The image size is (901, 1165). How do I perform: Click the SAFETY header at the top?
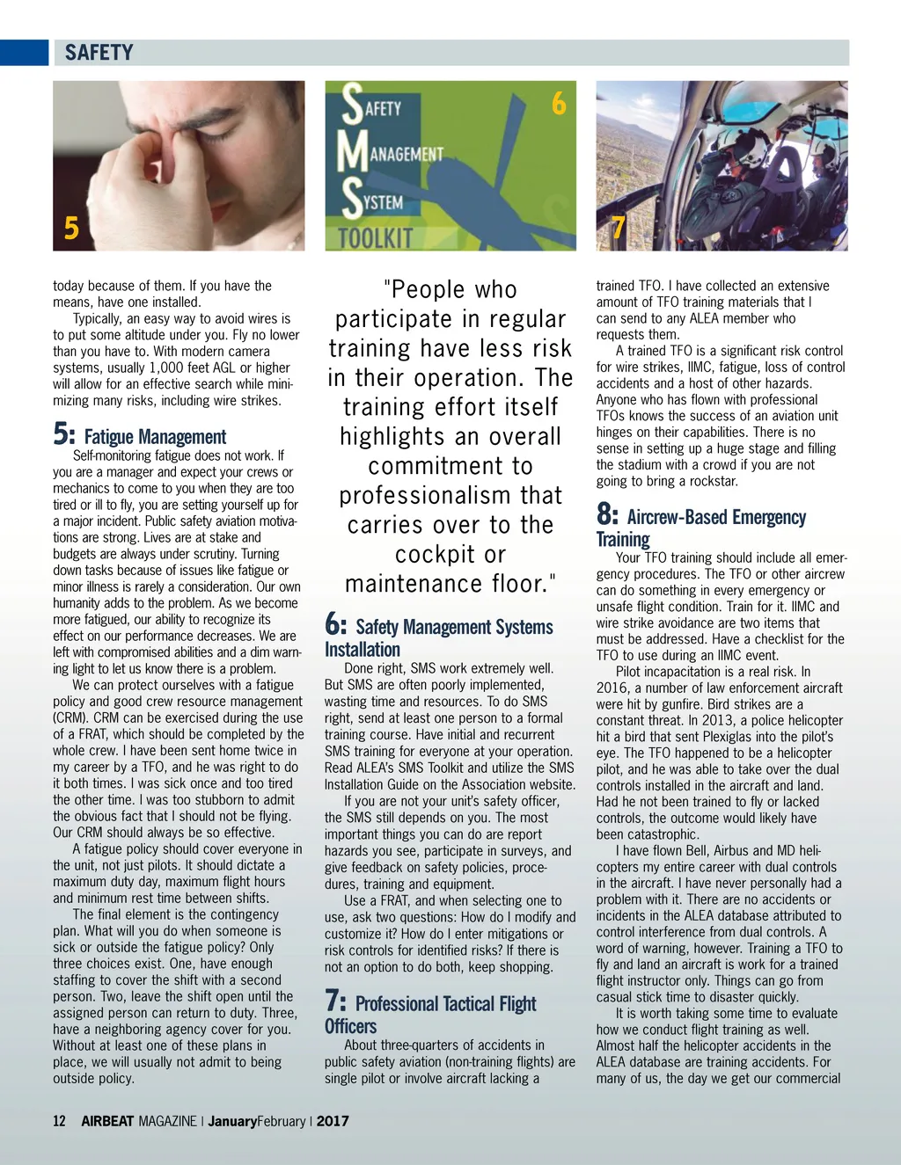99,53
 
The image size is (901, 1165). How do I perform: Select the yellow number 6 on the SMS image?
559,105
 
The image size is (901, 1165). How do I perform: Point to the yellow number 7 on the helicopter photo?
619,228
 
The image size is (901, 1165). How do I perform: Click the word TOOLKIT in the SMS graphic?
376,237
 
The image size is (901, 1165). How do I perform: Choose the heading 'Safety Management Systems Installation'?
438,637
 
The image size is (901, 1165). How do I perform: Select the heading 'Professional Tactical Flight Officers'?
429,1015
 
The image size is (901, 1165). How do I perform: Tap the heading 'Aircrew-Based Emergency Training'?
700,528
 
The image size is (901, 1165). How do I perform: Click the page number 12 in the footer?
59,1121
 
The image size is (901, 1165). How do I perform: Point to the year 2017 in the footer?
333,1121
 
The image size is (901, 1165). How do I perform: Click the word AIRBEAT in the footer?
107,1121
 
